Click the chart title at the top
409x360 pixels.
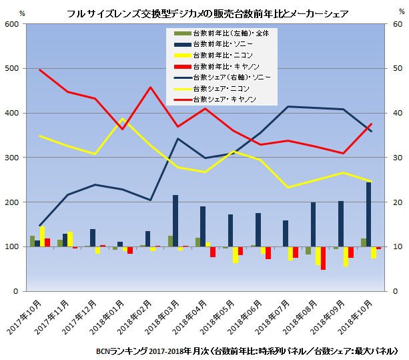tap(204, 13)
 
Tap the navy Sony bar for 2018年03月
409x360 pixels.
tap(175, 221)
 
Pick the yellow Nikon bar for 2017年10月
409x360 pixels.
tap(43, 237)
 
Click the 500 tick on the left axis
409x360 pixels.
tap(13, 68)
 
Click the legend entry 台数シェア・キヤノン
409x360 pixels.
tap(224, 100)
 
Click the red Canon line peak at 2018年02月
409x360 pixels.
tap(150, 87)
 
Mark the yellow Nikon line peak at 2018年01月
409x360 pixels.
tap(123, 119)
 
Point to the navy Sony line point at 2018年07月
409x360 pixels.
tap(288, 106)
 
